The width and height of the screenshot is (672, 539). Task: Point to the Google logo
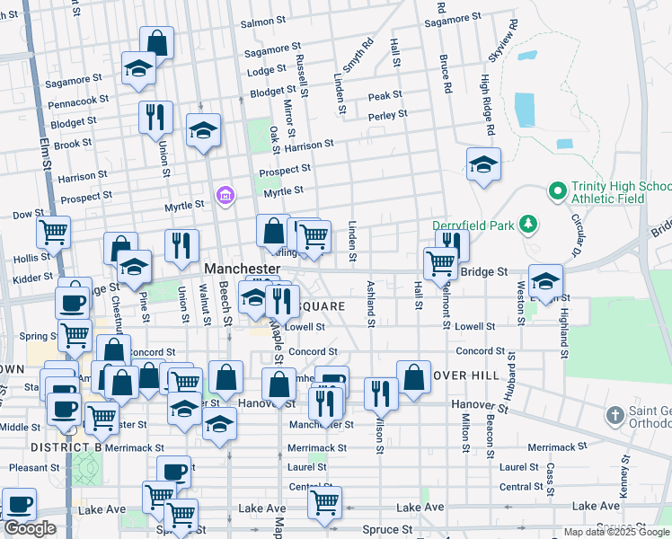30,528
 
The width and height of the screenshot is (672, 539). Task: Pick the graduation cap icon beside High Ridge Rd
483,164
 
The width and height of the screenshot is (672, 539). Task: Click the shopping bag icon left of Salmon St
156,42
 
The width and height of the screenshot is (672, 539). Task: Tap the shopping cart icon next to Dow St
54,231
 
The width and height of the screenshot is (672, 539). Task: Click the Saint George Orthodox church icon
615,415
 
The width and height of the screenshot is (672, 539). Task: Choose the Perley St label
388,115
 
